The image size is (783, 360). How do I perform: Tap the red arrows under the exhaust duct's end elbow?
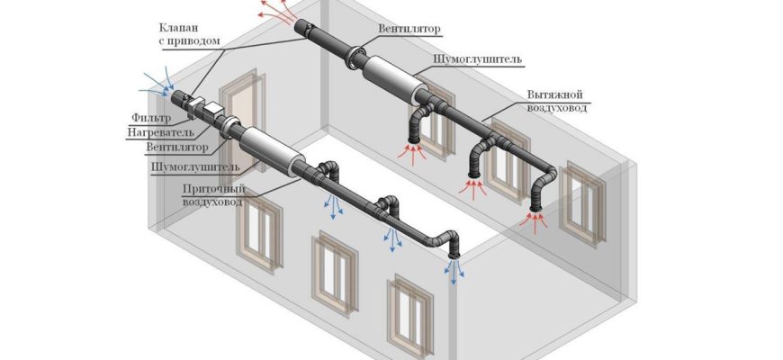point(536,223)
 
